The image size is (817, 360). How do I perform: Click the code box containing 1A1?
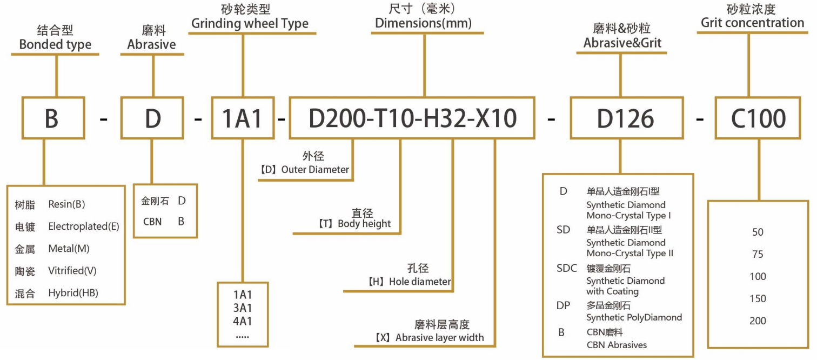click(243, 118)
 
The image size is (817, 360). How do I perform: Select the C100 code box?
click(758, 118)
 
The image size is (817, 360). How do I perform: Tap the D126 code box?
click(625, 118)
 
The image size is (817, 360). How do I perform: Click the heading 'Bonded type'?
click(55, 45)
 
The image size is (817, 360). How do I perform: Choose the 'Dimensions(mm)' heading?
click(423, 23)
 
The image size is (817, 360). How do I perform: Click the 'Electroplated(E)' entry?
click(84, 226)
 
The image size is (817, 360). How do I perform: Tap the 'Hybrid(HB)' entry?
click(73, 294)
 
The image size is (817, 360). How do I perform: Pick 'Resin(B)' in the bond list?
click(66, 204)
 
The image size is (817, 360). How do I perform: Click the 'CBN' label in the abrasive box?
click(152, 222)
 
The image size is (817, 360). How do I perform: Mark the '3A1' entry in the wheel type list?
click(243, 308)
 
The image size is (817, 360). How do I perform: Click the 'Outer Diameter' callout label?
click(315, 170)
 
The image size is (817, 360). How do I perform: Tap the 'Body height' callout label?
click(364, 224)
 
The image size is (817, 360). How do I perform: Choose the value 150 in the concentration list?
click(758, 299)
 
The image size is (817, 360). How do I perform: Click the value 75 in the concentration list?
click(758, 255)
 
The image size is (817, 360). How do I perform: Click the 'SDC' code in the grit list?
click(567, 268)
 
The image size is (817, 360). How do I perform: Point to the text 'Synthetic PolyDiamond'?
click(634, 317)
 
